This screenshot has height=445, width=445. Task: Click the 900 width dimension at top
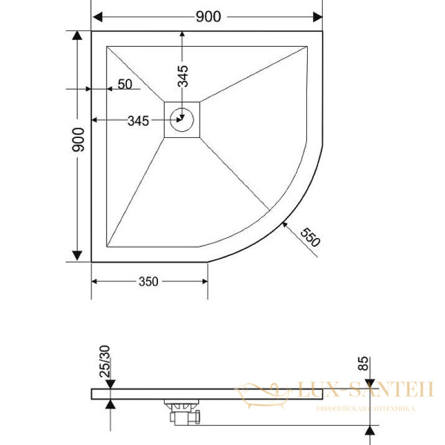(x=208, y=17)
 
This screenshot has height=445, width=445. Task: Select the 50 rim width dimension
(x=125, y=85)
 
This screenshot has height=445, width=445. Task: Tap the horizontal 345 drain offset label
(x=138, y=120)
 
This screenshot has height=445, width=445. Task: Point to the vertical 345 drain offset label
(x=183, y=77)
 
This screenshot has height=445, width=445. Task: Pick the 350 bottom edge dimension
(x=148, y=282)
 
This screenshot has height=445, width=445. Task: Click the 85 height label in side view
(x=363, y=363)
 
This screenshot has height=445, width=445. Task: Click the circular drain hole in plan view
(x=182, y=118)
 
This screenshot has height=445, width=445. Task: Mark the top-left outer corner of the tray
(x=92, y=31)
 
